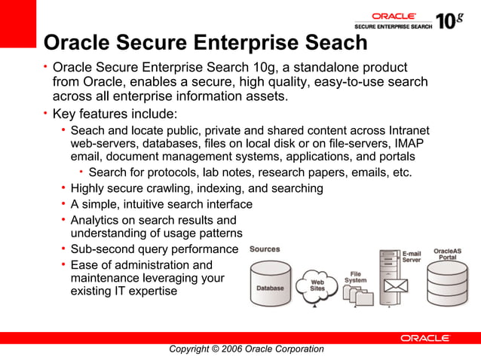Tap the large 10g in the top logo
(449, 20)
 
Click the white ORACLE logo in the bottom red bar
(425, 338)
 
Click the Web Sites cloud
(318, 284)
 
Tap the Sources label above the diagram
(265, 249)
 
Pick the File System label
(356, 277)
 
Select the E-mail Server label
(411, 257)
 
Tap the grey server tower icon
(390, 264)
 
